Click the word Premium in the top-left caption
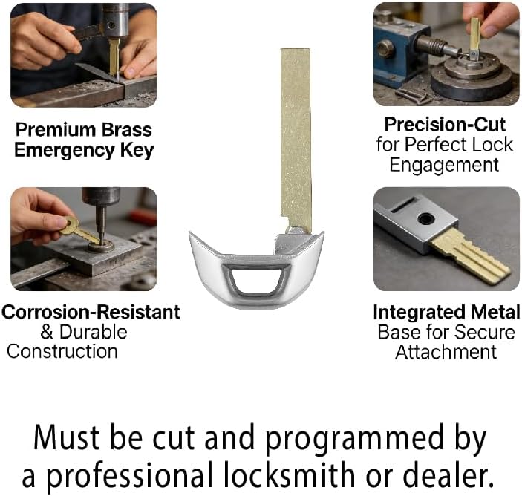[x=56, y=129]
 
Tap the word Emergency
[x=65, y=150]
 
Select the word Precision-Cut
[x=445, y=125]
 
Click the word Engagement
[x=444, y=165]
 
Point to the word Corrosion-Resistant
[x=91, y=313]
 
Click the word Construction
[x=62, y=351]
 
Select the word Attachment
[x=446, y=352]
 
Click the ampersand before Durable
[x=47, y=332]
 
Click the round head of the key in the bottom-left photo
[x=70, y=225]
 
